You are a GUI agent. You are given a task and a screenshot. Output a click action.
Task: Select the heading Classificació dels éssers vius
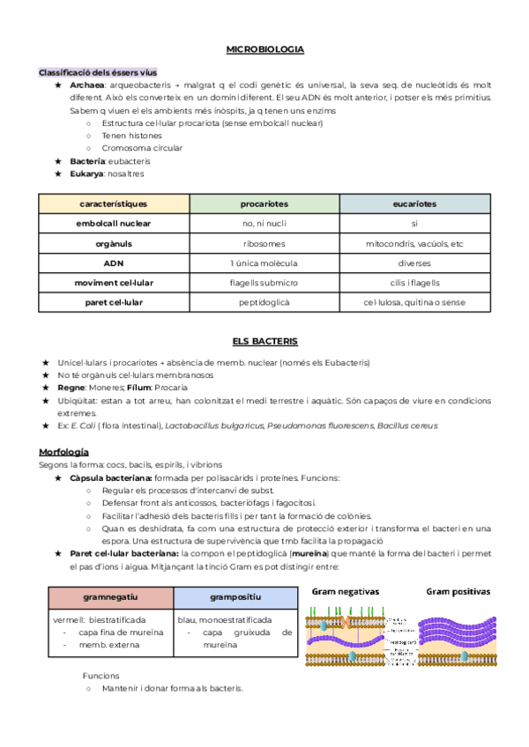click(x=97, y=72)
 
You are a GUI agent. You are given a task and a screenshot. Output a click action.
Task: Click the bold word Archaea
click(x=87, y=85)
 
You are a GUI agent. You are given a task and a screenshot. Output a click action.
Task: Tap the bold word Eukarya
click(x=87, y=174)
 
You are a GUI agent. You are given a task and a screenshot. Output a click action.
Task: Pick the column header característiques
click(x=113, y=203)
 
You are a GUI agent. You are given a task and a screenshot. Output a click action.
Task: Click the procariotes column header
click(x=264, y=203)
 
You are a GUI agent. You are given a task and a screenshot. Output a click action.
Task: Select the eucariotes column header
click(x=414, y=203)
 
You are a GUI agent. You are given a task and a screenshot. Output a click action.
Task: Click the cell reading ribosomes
click(x=264, y=243)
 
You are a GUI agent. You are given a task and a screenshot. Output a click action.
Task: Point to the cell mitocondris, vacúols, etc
click(x=414, y=243)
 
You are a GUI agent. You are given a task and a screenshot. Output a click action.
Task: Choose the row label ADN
click(x=113, y=263)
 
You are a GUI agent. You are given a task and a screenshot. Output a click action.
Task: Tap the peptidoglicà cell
click(x=264, y=302)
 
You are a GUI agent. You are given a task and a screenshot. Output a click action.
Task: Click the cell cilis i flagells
click(x=414, y=283)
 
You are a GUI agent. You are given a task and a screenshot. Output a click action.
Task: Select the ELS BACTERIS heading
click(x=264, y=341)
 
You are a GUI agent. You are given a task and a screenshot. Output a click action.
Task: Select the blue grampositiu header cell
click(x=235, y=597)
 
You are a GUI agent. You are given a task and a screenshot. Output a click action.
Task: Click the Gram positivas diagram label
click(x=458, y=592)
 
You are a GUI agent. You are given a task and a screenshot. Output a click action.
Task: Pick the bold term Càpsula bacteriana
click(x=110, y=477)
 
